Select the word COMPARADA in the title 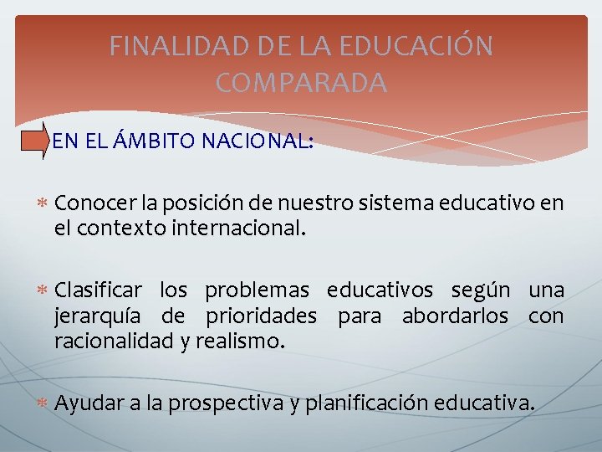pyautogui.click(x=301, y=83)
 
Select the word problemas pyautogui.click(x=257, y=290)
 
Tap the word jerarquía pyautogui.click(x=94, y=317)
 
